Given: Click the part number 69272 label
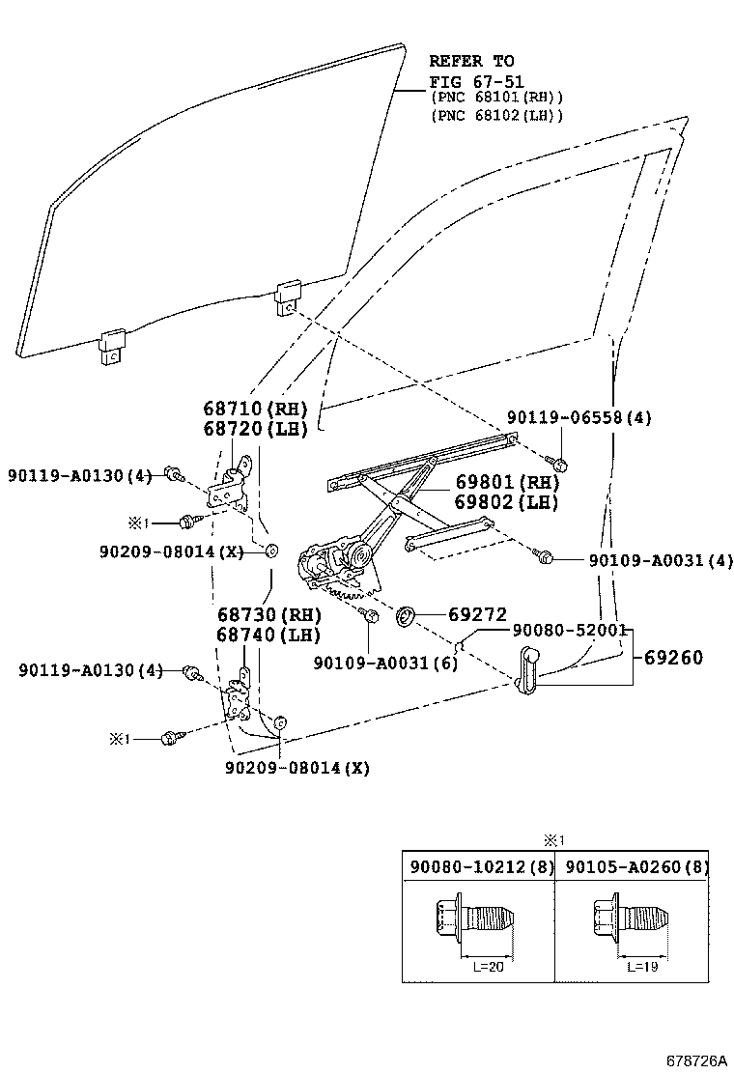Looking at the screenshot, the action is tap(477, 614).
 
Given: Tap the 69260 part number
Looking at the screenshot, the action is tap(673, 658).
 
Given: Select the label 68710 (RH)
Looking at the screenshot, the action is tap(255, 409).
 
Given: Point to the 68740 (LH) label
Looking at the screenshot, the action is tap(268, 635).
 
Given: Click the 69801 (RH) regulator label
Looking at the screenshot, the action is tap(507, 482).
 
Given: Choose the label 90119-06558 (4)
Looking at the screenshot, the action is tap(579, 417).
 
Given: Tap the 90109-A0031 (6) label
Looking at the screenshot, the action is tap(385, 663).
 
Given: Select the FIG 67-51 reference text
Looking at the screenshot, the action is tap(476, 81).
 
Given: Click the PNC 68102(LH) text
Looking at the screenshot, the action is tap(496, 115).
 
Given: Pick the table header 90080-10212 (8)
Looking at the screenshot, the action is tap(481, 867).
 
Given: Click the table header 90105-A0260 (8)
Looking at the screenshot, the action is tap(636, 867).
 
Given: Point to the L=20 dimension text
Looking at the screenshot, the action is tap(488, 967).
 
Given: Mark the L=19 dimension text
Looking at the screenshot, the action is tap(641, 967).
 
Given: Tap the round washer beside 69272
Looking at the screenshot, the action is tap(407, 616).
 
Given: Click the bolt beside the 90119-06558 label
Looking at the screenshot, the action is tap(558, 464).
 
